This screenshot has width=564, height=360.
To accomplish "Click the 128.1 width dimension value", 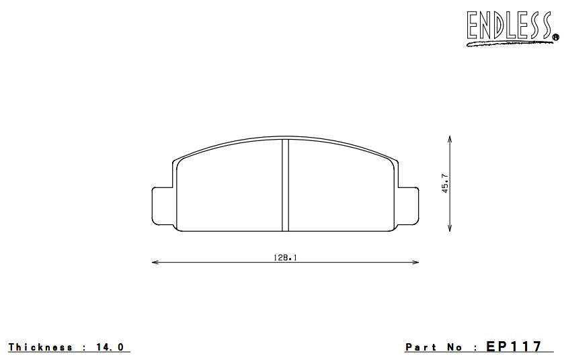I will [285, 257].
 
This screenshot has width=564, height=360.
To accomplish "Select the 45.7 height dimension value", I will [445, 183].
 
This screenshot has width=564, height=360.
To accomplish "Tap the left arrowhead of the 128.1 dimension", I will [155, 262].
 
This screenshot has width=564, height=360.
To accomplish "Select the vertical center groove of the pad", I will [284, 185].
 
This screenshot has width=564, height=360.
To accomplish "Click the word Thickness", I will [40, 347].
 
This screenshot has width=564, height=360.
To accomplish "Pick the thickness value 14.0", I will [111, 347].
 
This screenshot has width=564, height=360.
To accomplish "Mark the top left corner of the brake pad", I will [175, 162].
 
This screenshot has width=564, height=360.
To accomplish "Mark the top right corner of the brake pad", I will [395, 162].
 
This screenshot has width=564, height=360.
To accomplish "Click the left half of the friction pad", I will [229, 191].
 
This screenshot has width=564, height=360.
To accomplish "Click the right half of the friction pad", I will [339, 191].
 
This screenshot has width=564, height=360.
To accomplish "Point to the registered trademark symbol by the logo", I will [555, 37].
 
